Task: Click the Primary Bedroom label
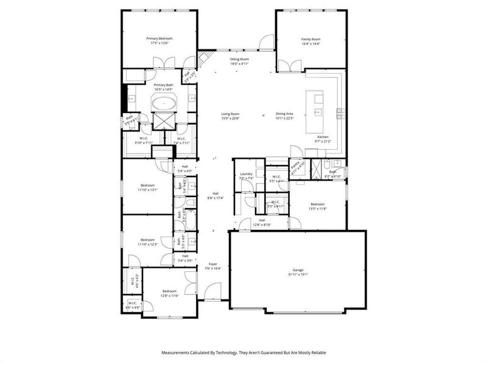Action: pos(159,38)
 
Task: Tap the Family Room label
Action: pos(310,38)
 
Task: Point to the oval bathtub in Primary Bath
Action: pos(163,103)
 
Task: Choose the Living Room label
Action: pos(229,114)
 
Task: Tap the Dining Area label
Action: pos(285,114)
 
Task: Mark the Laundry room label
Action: pos(246,173)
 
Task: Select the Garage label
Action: pos(298,269)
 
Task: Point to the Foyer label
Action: pos(213,263)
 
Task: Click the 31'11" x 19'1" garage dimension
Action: pos(298,274)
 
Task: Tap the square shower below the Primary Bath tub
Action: pos(163,120)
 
